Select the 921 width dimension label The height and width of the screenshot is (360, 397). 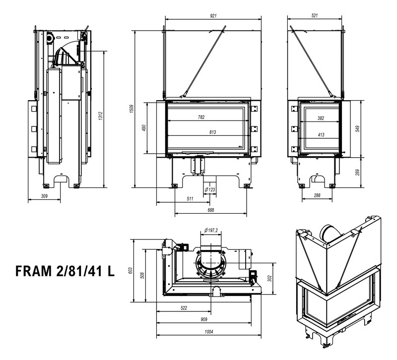(x=213, y=16)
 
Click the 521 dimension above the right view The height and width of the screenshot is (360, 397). (x=315, y=16)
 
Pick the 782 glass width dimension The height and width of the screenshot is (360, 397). (x=200, y=118)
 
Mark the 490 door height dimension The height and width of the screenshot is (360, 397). (x=143, y=128)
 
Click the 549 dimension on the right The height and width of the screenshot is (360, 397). (x=357, y=128)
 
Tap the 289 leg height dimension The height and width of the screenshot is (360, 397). (x=357, y=172)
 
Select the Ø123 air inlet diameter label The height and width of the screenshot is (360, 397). (x=209, y=189)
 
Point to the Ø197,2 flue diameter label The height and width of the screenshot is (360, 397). (x=212, y=230)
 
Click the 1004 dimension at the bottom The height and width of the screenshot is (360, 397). (x=208, y=332)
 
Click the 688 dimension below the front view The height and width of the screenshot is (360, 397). (x=210, y=210)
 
